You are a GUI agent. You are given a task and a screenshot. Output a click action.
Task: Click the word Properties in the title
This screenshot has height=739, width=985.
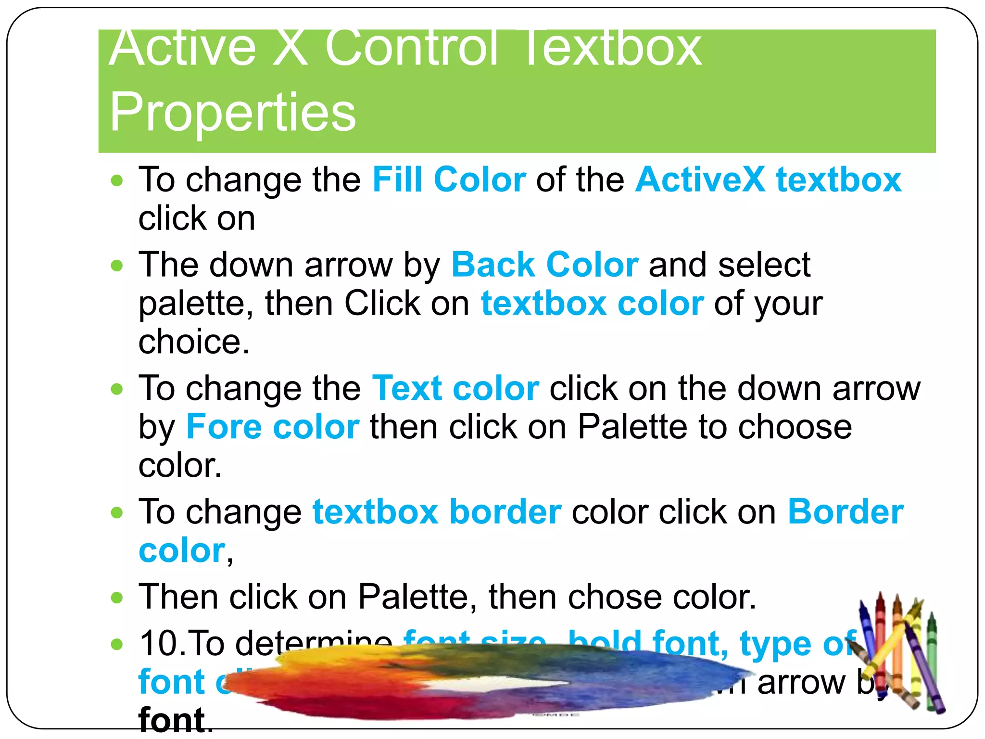coord(232,112)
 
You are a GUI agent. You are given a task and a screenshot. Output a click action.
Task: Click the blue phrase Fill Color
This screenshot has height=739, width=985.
coord(449,179)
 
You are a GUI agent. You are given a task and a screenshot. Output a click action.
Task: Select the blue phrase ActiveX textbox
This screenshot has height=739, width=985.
coord(768,179)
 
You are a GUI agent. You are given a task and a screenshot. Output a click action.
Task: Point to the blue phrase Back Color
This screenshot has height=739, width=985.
coord(545,265)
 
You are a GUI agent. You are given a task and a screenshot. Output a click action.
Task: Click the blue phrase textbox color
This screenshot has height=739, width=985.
coord(592,303)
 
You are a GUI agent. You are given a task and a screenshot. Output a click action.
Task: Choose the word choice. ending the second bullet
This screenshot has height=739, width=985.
coord(194,342)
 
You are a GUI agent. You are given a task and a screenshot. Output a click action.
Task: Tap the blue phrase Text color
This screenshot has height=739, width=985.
coord(455,388)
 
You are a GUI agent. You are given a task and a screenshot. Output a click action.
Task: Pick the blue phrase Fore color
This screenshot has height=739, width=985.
coord(273,427)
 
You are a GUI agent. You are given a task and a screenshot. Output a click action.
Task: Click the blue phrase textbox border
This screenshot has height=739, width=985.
coord(437,511)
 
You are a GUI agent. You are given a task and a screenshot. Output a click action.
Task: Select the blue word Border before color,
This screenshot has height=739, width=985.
coord(846,511)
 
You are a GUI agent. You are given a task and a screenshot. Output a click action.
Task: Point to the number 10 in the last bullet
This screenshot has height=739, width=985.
coord(157,643)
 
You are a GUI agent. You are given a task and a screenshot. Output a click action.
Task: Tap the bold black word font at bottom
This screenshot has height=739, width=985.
coord(172,720)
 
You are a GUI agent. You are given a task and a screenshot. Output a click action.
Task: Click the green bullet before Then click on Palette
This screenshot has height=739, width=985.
coord(117,598)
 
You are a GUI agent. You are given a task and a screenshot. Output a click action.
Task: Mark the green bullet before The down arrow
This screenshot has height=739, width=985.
coord(117,265)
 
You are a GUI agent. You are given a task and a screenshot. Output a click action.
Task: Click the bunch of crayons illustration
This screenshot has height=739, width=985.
coord(899,654)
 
